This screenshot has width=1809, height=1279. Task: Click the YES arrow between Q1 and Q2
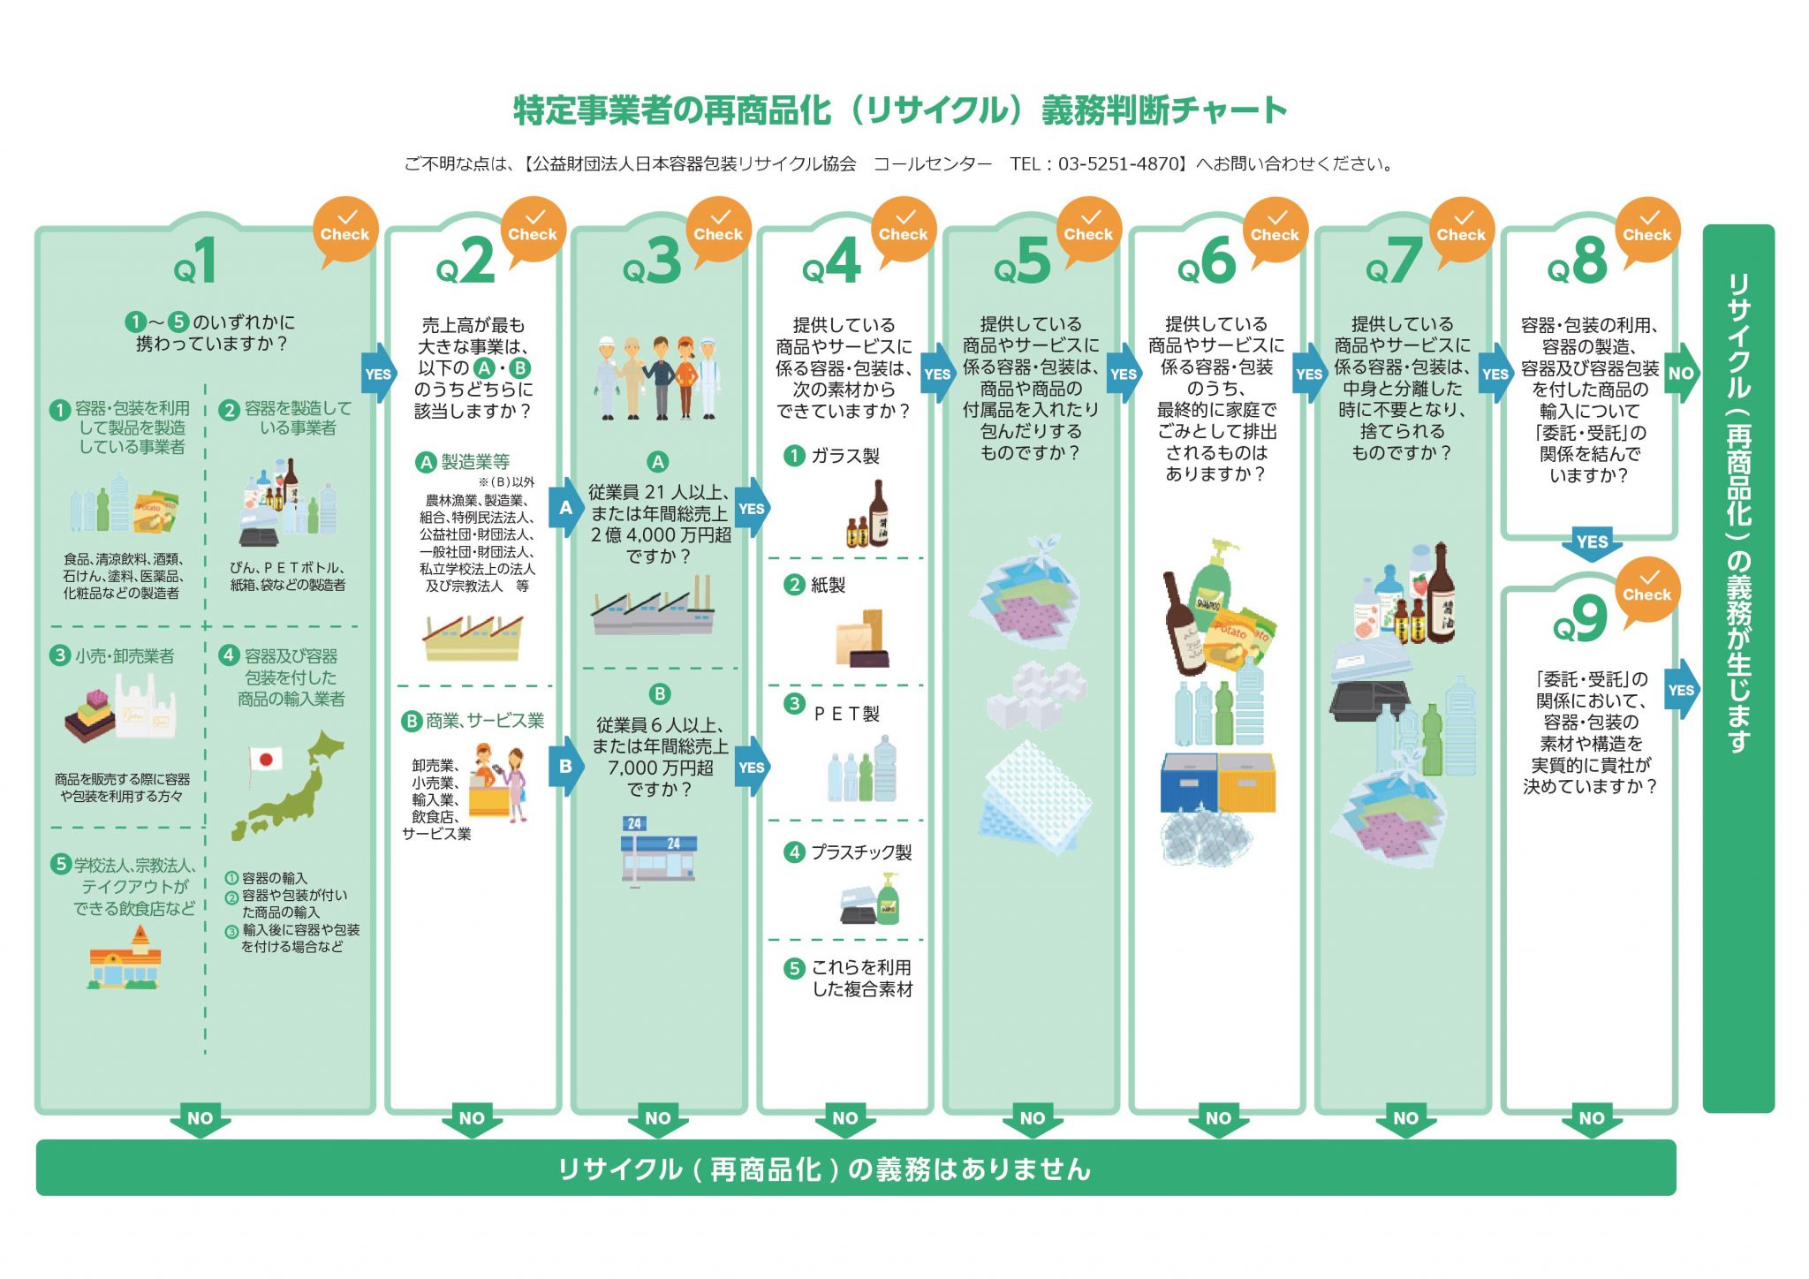pos(379,374)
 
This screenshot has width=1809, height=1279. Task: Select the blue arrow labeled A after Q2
pos(566,508)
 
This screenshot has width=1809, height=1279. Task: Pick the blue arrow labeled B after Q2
pos(566,766)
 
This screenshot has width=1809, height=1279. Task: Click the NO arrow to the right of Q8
pos(1682,374)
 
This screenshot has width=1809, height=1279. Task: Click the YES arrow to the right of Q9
pos(1682,690)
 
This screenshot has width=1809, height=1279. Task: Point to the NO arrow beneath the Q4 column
pos(845,1119)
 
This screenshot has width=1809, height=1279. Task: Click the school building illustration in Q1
pos(125,959)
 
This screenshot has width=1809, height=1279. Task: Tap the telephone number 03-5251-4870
pos(1118,163)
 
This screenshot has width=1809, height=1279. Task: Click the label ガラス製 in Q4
pos(845,456)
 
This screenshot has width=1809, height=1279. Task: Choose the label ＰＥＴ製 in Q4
pos(846,714)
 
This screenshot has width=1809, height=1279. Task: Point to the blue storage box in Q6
pos(1189,782)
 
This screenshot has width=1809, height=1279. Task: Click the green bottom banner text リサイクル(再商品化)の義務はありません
pos(825,1169)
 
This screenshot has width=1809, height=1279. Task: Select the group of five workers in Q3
pos(658,377)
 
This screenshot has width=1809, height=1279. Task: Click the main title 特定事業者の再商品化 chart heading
pos(900,110)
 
